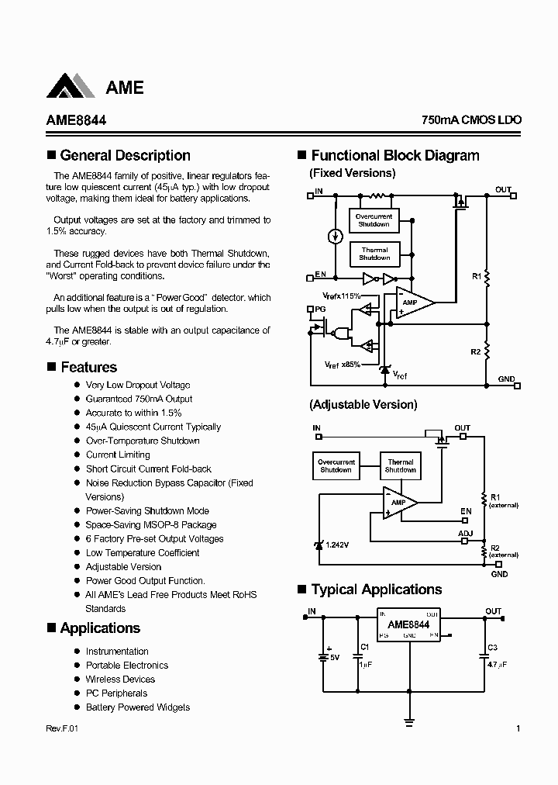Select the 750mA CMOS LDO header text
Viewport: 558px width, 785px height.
(x=471, y=120)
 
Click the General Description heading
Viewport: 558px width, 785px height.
(x=125, y=155)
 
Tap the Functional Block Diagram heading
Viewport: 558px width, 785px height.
(x=395, y=155)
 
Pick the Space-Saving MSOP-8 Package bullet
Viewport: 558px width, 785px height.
(x=150, y=524)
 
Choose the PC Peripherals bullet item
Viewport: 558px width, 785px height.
(x=116, y=693)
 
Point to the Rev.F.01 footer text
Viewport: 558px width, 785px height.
(x=57, y=728)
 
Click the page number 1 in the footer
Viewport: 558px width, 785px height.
(x=518, y=728)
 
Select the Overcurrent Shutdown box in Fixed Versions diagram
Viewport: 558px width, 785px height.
(x=374, y=220)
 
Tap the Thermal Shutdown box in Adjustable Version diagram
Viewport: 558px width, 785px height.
(x=400, y=465)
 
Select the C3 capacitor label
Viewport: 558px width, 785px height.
(x=493, y=647)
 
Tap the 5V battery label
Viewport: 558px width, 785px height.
(x=336, y=657)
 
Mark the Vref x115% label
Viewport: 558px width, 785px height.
(x=342, y=296)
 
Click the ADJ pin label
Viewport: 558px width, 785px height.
(x=465, y=534)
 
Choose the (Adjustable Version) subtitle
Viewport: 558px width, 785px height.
(x=363, y=404)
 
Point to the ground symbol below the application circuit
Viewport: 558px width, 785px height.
(x=409, y=721)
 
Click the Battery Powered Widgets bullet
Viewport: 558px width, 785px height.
(x=137, y=707)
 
